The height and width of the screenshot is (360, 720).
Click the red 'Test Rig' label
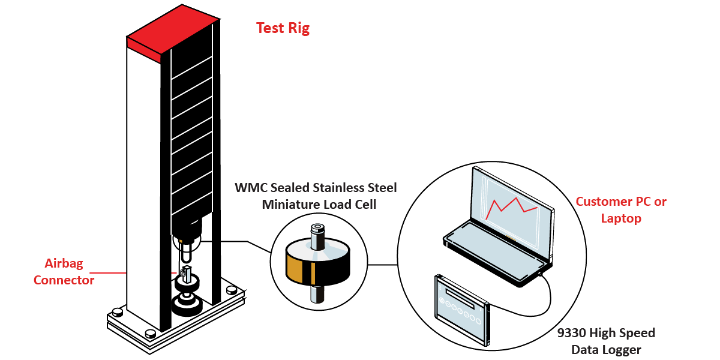283,28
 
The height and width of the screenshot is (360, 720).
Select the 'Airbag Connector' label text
64,272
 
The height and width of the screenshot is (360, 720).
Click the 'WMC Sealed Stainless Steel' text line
316,188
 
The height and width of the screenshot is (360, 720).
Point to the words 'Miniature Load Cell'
319,205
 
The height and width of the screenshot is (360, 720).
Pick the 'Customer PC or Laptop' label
621,210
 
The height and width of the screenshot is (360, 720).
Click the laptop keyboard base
498,250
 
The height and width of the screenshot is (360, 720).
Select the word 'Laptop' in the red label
621,218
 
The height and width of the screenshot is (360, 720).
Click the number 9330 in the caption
572,333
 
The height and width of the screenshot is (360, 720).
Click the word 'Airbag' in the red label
64,263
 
